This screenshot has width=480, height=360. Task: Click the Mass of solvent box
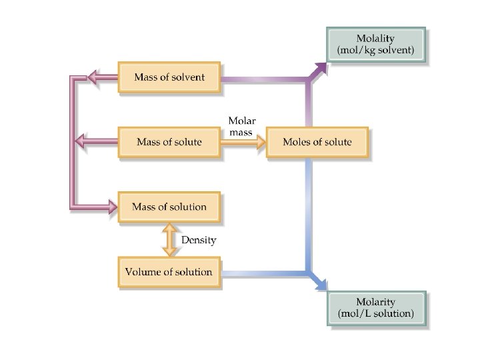tap(169, 77)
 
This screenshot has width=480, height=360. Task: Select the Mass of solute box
tap(169, 142)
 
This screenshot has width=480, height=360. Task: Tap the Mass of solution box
tap(169, 207)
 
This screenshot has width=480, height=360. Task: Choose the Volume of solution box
tap(169, 271)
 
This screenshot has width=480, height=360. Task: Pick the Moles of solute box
tap(317, 142)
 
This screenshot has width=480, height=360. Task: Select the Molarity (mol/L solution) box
tap(376, 307)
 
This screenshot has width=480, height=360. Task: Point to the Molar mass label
tap(241, 126)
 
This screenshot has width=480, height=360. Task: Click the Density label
tap(199, 240)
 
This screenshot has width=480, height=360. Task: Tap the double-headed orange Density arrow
tap(169, 240)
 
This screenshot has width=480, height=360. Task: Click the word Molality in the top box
tap(376, 39)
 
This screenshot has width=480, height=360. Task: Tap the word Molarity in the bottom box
tap(376, 301)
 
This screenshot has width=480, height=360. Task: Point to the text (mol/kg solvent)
tap(376, 51)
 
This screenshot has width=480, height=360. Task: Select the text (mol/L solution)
tap(376, 313)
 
